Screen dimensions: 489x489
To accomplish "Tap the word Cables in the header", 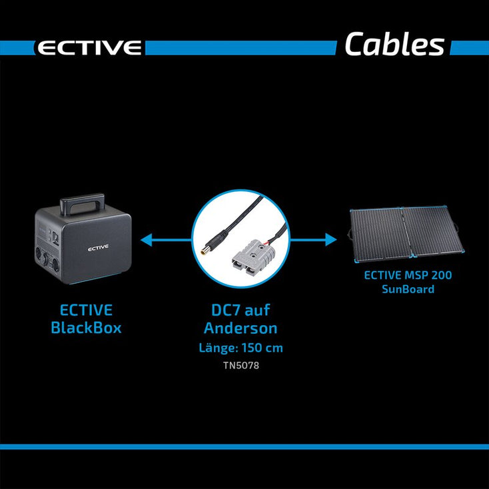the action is pos(394,44).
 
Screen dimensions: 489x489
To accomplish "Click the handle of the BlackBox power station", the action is pos(82,205).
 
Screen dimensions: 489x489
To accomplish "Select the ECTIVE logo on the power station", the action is pos(98,248).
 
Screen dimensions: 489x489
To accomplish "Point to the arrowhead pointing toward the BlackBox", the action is pos(147,240).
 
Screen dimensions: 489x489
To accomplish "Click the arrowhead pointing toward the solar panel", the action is pos(331,240).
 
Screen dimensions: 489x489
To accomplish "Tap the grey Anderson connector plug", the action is pos(251,258).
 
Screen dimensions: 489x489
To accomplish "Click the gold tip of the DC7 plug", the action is pos(205,250).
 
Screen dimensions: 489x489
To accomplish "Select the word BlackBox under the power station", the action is pos(86,328).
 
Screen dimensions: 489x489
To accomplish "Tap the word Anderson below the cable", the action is pos(241,328).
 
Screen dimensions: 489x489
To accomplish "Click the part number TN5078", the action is pos(241,365).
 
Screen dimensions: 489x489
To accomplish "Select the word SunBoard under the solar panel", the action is pos(408,289).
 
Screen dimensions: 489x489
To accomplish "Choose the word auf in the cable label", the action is pos(257,310).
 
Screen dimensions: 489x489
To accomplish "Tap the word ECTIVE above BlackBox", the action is pos(86,310).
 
